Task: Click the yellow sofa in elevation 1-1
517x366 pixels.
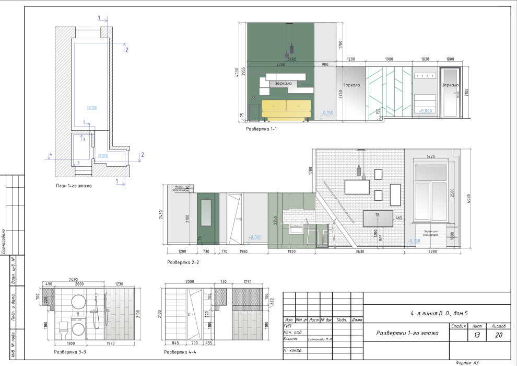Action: [x=286, y=109]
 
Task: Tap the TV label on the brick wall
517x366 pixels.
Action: [x=377, y=215]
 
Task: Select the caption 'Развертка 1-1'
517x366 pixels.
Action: [x=261, y=129]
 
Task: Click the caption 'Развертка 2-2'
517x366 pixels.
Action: [x=183, y=262]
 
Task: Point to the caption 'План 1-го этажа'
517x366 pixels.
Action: [x=74, y=186]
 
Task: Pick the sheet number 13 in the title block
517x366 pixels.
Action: [x=477, y=335]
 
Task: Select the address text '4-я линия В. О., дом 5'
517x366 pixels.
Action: [x=439, y=313]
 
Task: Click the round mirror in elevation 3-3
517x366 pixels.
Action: [x=78, y=302]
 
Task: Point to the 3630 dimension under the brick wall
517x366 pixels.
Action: [x=360, y=251]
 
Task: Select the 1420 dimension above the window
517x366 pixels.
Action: [x=431, y=156]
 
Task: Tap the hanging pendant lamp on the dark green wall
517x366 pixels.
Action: [x=291, y=49]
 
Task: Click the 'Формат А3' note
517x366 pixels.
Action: [x=467, y=362]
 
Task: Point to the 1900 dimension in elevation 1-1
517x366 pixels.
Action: [x=389, y=60]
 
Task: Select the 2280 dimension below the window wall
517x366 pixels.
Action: [x=432, y=251]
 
